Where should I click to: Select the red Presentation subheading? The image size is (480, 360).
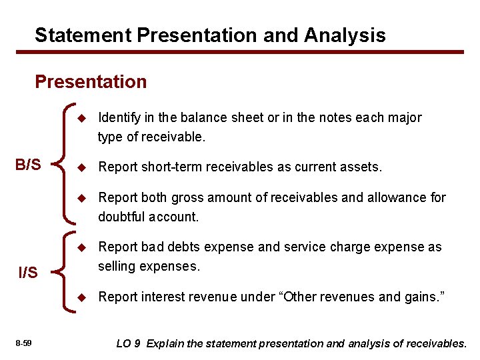click(x=91, y=82)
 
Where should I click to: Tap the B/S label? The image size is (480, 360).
click(x=28, y=164)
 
